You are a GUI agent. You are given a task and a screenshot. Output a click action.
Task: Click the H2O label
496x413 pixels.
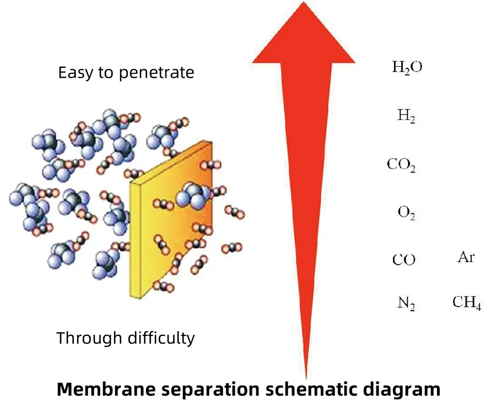pyautogui.click(x=407, y=68)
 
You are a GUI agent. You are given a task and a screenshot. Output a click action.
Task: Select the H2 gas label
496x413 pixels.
pyautogui.click(x=406, y=116)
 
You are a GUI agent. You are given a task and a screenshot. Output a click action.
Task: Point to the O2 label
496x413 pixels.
pyautogui.click(x=406, y=212)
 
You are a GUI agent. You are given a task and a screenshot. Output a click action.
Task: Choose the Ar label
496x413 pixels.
pyautogui.click(x=466, y=257)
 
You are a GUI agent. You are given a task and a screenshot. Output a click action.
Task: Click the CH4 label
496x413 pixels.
pyautogui.click(x=467, y=303)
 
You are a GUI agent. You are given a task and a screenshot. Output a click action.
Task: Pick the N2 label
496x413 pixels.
pyautogui.click(x=406, y=303)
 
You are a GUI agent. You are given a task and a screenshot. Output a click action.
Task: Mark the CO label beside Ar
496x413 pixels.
pyautogui.click(x=403, y=259)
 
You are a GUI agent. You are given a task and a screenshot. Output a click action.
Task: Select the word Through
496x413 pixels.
pyautogui.click(x=85, y=338)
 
